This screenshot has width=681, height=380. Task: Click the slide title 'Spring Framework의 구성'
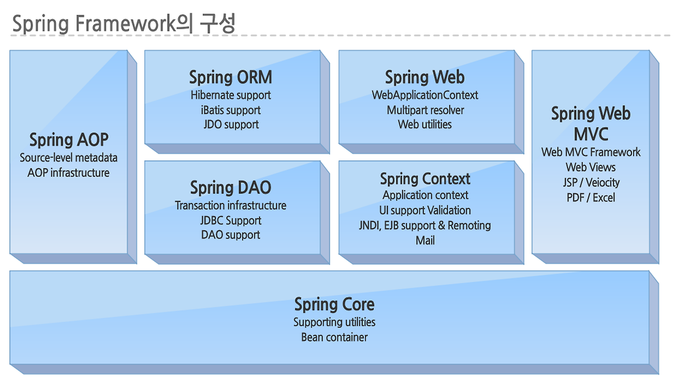coord(123,24)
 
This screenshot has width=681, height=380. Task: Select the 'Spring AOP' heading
coord(69,140)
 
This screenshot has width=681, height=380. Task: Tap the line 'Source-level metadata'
coord(69,158)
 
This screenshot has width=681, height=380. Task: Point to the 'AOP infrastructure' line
coord(69,173)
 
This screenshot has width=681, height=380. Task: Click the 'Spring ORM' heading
coord(230,78)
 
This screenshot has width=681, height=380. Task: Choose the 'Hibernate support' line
coord(230,95)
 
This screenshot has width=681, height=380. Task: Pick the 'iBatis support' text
coord(230,110)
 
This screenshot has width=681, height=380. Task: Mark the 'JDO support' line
coord(230,124)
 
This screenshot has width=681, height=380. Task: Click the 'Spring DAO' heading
coord(230,188)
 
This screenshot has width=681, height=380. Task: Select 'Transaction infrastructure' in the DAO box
coord(230,205)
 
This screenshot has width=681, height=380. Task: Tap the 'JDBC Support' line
coord(230,220)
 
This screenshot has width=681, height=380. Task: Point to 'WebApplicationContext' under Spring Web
coord(425,95)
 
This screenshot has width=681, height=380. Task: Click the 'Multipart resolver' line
coord(425,110)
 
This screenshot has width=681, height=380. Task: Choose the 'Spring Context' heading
coord(425,179)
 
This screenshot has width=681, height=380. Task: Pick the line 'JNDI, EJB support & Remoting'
coord(425,225)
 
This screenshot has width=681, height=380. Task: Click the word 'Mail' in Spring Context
coord(425,240)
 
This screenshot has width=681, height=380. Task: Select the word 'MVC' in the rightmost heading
coord(591,133)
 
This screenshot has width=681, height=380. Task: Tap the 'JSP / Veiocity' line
coord(591,182)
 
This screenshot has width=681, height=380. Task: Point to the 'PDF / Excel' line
coord(591,197)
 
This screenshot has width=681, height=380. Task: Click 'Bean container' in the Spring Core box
coord(334,337)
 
